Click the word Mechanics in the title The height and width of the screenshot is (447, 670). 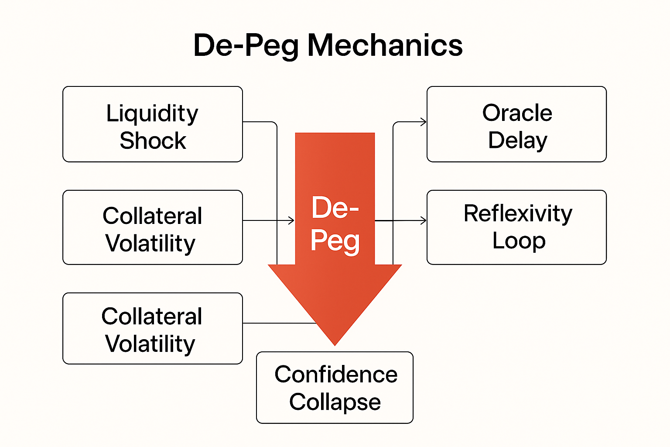tap(385, 45)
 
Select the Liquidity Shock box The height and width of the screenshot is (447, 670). tap(152, 124)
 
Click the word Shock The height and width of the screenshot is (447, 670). tap(153, 141)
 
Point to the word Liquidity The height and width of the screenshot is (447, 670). tap(152, 114)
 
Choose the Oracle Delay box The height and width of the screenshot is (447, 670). tap(516, 124)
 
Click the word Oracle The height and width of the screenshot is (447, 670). tap(517, 113)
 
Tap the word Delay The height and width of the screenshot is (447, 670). tap(517, 141)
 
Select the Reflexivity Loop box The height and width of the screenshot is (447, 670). tap(516, 227)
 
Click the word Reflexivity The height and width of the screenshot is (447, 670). tap(518, 213)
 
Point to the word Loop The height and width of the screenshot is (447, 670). tap(519, 241)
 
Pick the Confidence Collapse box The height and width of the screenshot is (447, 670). tap(335, 388)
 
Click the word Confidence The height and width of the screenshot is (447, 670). tap(336, 375)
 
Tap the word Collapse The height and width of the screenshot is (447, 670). tap(335, 402)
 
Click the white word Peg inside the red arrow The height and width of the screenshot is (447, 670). tap(335, 241)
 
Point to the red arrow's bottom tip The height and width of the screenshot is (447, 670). tap(335, 344)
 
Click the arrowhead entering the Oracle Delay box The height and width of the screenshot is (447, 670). tap(424, 122)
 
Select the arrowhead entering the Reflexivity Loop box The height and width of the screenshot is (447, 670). tap(424, 220)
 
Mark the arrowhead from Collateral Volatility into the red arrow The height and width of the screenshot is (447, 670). tap(292, 220)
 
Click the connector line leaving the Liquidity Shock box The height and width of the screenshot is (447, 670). tap(260, 122)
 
